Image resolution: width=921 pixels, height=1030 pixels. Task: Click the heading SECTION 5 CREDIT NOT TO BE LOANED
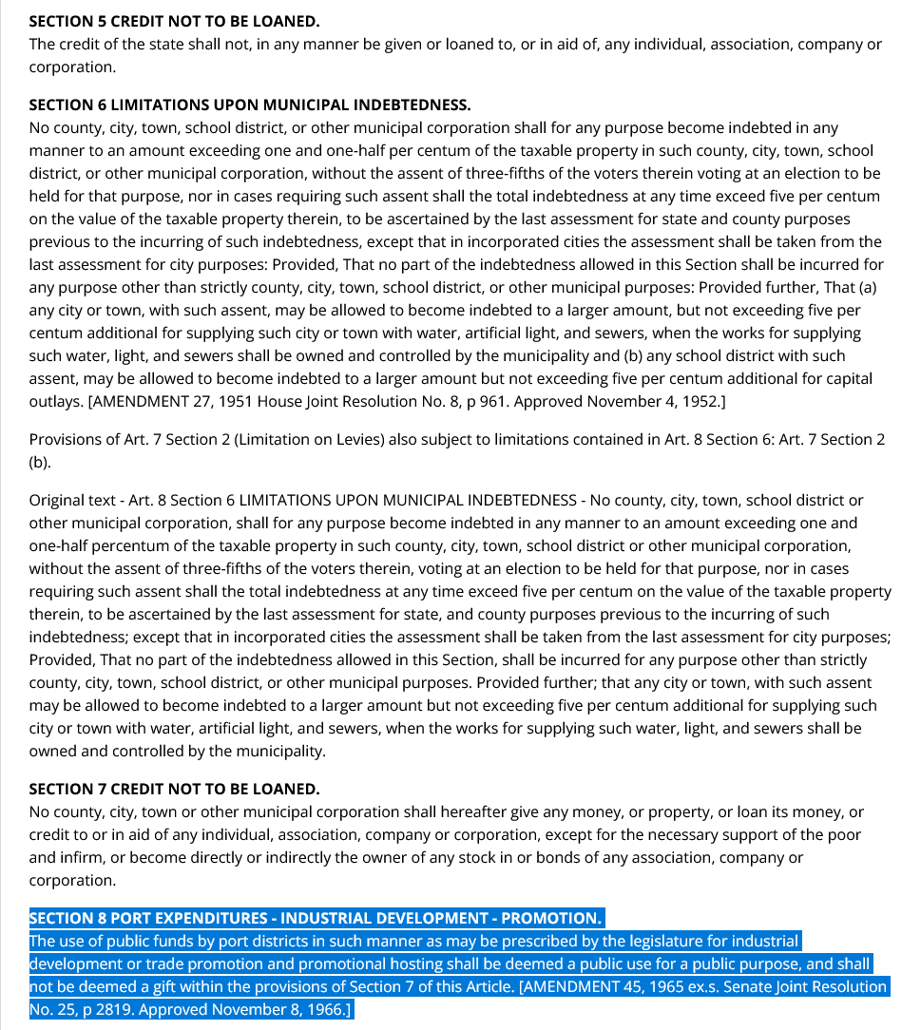coord(174,21)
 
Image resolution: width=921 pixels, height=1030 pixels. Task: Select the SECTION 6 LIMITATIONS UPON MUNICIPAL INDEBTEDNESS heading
coord(249,105)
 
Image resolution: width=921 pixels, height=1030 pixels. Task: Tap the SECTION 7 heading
coord(174,789)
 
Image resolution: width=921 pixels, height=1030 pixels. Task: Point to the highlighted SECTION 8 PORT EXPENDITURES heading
coord(315,918)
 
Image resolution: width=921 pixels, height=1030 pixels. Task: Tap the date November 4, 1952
coord(662,401)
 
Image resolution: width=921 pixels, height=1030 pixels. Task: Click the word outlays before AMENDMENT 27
coord(55,401)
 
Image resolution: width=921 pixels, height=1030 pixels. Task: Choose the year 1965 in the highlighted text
coord(647,986)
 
